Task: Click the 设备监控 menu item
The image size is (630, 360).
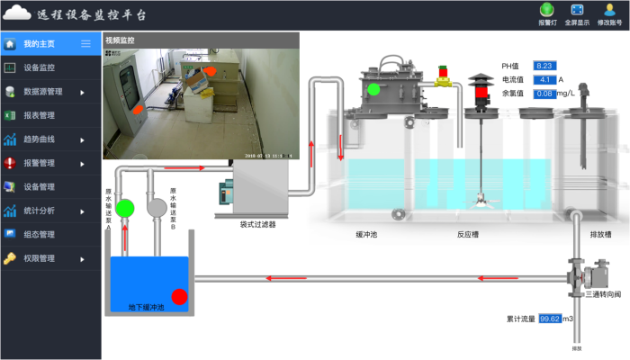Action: [39, 67]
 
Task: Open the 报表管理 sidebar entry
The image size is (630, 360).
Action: [39, 115]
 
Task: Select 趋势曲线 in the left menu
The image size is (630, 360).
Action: [39, 139]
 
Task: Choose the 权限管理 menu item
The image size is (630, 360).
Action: [39, 258]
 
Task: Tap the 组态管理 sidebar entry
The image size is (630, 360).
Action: [39, 235]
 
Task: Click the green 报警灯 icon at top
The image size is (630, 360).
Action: [547, 10]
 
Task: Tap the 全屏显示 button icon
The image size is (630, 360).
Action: [577, 10]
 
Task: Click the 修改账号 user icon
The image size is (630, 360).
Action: [609, 10]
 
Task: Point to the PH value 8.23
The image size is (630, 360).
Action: [545, 66]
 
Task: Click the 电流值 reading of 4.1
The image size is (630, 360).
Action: [545, 79]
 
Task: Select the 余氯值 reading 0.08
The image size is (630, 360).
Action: [544, 93]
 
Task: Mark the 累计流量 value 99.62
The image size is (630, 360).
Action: [550, 319]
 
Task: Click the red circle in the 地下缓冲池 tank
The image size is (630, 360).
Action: [179, 295]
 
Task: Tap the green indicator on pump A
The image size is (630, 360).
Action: [126, 208]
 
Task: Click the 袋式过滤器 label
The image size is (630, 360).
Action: [257, 225]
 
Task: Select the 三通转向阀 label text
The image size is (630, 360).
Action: [602, 294]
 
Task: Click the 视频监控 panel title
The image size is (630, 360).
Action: [120, 40]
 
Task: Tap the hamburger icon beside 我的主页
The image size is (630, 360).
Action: [86, 43]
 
